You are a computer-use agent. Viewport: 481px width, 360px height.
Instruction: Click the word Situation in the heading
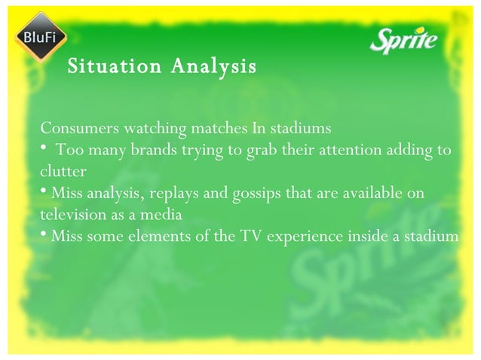pyautogui.click(x=114, y=67)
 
